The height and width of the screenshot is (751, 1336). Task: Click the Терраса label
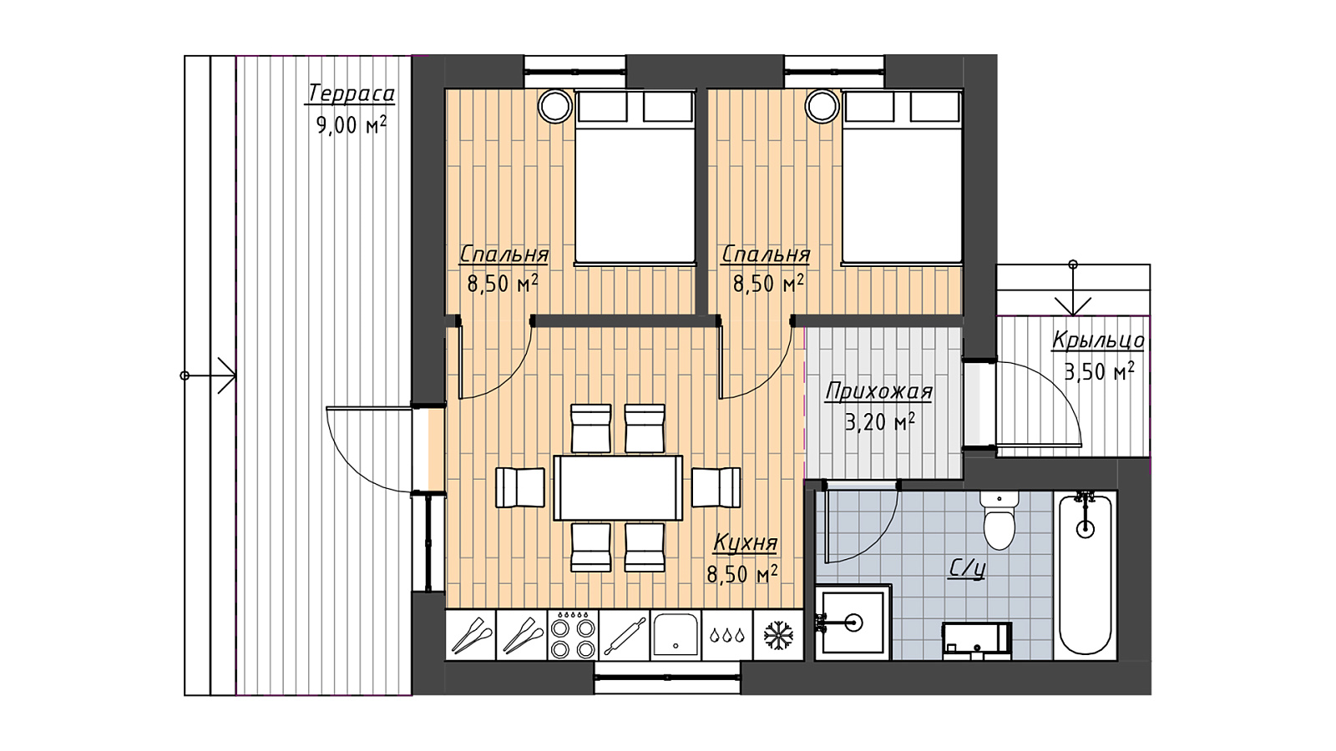[x=351, y=94]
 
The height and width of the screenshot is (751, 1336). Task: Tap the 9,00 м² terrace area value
[x=352, y=124]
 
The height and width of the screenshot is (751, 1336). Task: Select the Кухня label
[x=746, y=543]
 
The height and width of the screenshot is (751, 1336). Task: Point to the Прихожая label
[x=878, y=391]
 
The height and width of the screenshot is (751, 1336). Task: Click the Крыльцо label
[x=1098, y=340]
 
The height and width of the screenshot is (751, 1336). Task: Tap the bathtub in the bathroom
[x=1085, y=576]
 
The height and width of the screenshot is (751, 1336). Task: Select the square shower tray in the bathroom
[x=853, y=622]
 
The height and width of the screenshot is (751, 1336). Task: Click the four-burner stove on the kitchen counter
[x=573, y=635]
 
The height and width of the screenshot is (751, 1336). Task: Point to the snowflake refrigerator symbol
[x=777, y=635]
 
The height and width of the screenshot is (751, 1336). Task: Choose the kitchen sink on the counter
[x=676, y=635]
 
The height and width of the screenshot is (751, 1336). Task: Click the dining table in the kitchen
[x=618, y=488]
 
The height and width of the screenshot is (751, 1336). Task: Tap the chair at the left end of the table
[x=520, y=487]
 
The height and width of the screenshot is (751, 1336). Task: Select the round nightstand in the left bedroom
[x=555, y=107]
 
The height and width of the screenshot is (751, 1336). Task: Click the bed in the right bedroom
[x=902, y=177]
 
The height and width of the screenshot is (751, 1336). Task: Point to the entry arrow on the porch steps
[x=1073, y=289]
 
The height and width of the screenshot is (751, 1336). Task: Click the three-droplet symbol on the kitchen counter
[x=727, y=635]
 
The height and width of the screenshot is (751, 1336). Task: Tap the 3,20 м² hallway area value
[x=880, y=422]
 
